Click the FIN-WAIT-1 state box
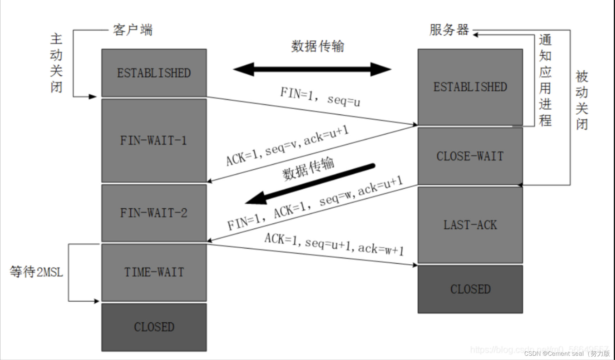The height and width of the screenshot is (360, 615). click(154, 141)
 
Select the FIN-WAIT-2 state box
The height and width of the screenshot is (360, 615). click(154, 213)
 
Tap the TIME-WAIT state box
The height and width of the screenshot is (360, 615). click(154, 272)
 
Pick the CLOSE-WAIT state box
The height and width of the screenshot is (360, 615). click(470, 156)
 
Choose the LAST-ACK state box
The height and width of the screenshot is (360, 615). click(470, 225)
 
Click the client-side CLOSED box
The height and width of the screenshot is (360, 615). click(154, 327)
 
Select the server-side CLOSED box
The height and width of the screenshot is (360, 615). click(470, 289)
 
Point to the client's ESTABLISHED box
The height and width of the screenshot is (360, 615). click(154, 73)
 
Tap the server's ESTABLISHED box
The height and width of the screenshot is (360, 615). click(470, 87)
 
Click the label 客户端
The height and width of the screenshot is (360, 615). click(133, 30)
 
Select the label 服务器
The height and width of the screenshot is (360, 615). click(449, 30)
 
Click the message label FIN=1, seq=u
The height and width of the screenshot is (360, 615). click(320, 97)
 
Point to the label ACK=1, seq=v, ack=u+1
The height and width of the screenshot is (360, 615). click(287, 145)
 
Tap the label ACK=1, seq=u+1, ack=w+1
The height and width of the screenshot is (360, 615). click(334, 244)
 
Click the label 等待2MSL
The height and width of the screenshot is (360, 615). click(36, 272)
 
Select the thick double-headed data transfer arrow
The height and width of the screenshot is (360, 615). click(312, 69)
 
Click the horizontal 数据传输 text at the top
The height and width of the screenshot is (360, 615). click(317, 46)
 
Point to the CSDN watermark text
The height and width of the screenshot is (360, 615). click(567, 354)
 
